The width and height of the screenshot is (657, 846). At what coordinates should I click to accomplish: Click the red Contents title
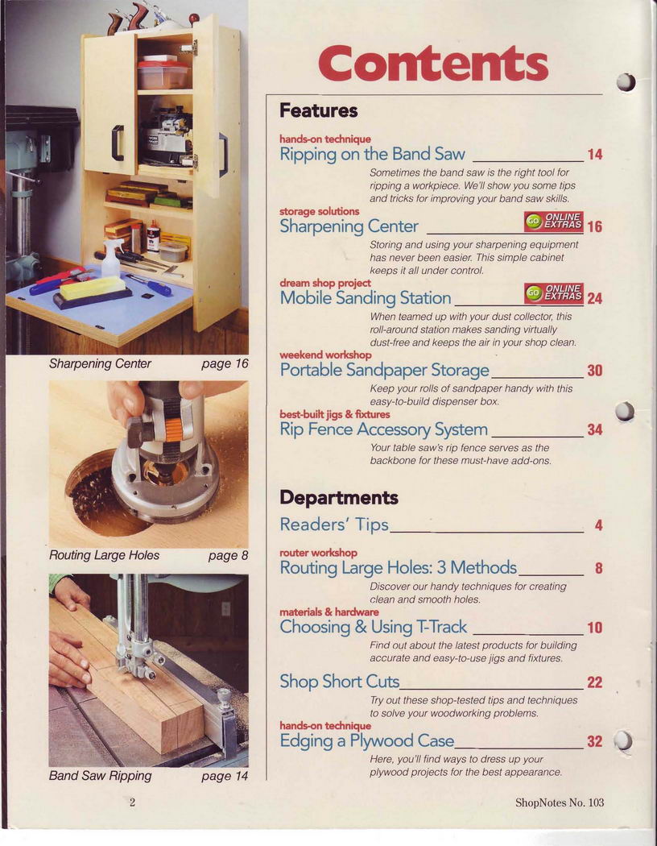coord(433,64)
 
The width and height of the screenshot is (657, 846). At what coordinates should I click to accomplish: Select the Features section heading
coord(318,110)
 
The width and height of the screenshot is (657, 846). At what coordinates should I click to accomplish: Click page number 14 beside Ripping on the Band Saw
coord(594,155)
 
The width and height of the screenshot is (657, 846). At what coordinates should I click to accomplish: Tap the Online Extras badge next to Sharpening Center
coord(553,221)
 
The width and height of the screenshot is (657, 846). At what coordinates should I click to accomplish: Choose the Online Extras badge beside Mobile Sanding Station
coord(553,292)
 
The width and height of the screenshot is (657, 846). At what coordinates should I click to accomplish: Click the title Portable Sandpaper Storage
coord(384,370)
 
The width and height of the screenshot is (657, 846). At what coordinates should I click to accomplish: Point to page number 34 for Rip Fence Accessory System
coord(594,430)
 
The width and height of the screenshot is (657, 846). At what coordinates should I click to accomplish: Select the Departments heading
coord(338,497)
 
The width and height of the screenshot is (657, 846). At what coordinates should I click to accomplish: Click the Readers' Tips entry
coord(334,525)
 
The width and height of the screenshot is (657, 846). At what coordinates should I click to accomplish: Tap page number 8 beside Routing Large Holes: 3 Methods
coord(598,568)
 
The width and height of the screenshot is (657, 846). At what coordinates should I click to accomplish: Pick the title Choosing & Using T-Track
coord(373,627)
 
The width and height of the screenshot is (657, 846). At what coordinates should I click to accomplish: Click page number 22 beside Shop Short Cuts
coord(594,682)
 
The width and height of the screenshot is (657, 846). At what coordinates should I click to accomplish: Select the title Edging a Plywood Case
coord(366,740)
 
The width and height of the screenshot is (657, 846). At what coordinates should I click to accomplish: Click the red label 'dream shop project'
coord(325,284)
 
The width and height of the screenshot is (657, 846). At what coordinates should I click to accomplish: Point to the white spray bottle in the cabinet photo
coord(112,258)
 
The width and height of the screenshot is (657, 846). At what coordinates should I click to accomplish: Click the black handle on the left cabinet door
coord(117,143)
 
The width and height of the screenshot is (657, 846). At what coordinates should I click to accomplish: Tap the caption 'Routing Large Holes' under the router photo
coord(104,555)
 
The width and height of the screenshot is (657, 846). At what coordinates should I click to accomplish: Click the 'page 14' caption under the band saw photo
coord(225,777)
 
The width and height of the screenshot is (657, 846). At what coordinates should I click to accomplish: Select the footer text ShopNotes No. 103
coord(560,802)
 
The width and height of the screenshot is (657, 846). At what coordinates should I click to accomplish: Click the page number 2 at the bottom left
coord(132,802)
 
